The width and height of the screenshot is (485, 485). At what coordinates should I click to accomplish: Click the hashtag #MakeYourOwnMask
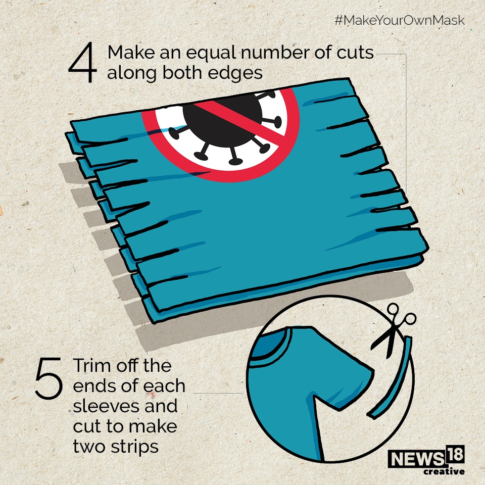tap(399, 20)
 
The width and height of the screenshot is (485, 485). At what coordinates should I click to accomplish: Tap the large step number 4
tap(82, 62)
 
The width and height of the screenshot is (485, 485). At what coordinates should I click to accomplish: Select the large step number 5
tap(49, 378)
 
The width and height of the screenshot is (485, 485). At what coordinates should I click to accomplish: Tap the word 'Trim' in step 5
tap(92, 366)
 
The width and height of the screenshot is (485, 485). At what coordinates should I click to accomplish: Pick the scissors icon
tap(392, 330)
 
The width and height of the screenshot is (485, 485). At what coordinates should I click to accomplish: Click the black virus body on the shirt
tap(222, 121)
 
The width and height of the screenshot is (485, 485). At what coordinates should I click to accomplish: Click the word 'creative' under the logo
tap(444, 471)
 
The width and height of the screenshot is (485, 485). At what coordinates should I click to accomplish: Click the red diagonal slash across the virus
tap(239, 119)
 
